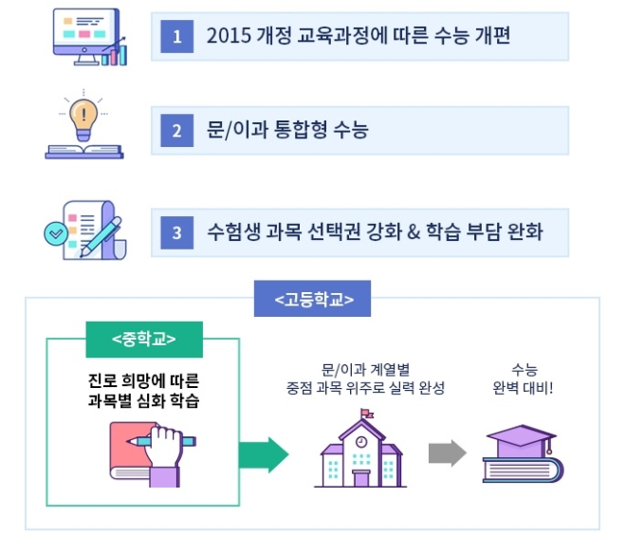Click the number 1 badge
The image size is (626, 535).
tap(176, 38)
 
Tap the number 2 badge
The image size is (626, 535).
tap(176, 131)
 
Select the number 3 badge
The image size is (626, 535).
tap(176, 231)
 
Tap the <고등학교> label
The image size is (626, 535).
tap(314, 301)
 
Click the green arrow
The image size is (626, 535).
tap(263, 455)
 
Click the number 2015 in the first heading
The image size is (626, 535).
tap(228, 38)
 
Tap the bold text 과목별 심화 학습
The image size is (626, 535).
tap(143, 399)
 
